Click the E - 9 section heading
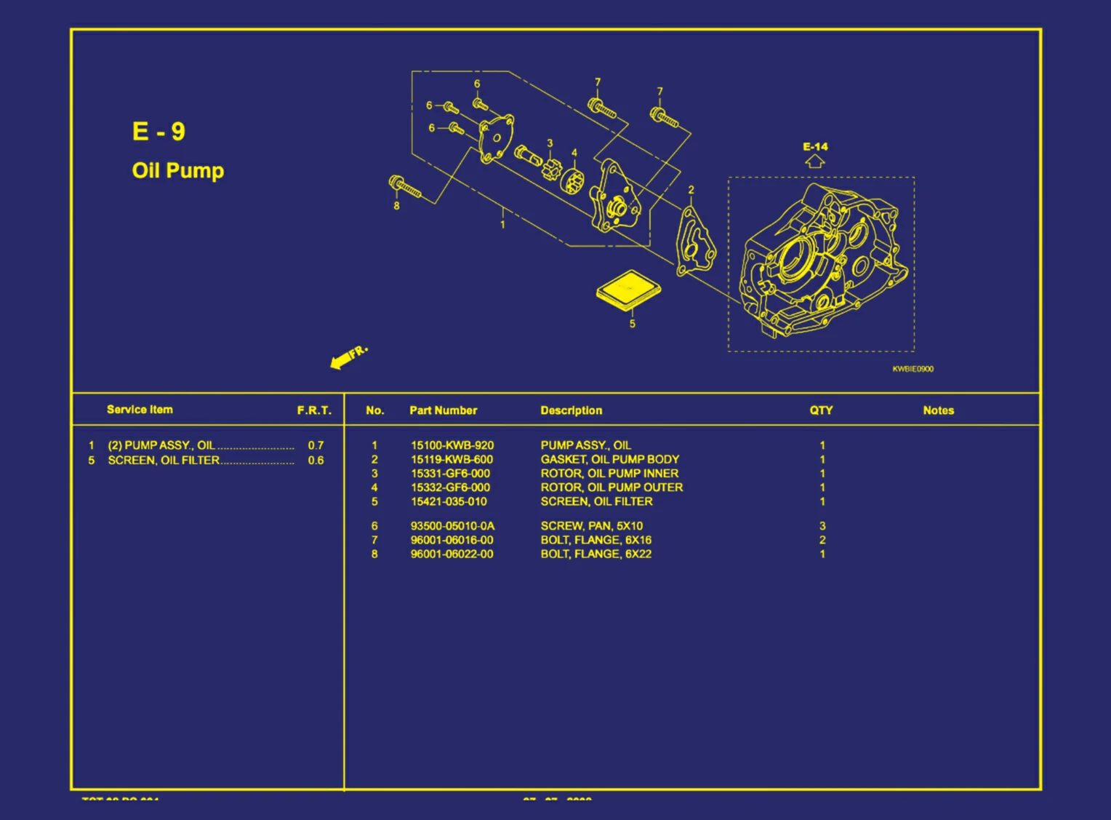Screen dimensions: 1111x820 pyautogui.click(x=159, y=132)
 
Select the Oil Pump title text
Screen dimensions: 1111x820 pyautogui.click(x=178, y=170)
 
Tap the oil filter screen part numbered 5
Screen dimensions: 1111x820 pyautogui.click(x=628, y=290)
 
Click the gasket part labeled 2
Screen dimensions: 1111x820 pyautogui.click(x=694, y=241)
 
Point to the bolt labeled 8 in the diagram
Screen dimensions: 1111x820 pyautogui.click(x=405, y=187)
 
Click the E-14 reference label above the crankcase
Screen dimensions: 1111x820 pyautogui.click(x=815, y=146)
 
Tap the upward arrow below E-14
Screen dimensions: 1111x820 pyautogui.click(x=815, y=162)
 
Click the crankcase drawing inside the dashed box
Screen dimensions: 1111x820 pyautogui.click(x=822, y=262)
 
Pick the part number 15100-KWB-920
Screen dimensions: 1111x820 pyautogui.click(x=452, y=445)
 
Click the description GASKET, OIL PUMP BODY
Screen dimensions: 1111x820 pyautogui.click(x=609, y=459)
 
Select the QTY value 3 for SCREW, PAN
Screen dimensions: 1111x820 pyautogui.click(x=822, y=526)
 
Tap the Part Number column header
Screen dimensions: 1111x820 pyautogui.click(x=443, y=410)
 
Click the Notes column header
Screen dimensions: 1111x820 pyautogui.click(x=938, y=410)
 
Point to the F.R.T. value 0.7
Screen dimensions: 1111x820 pyautogui.click(x=316, y=445)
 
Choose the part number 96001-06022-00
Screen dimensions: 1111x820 pyautogui.click(x=452, y=554)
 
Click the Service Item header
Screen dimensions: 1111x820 pyautogui.click(x=140, y=410)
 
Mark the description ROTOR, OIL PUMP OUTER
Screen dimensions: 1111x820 pyautogui.click(x=611, y=487)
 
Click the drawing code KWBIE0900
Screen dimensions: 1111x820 pyautogui.click(x=913, y=369)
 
